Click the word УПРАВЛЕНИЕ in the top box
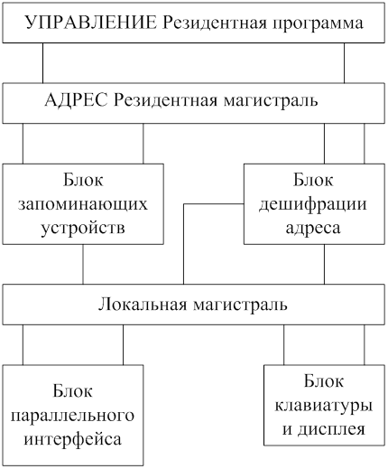point(91,23)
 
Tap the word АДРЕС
point(76,100)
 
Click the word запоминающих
point(83,205)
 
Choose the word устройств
point(83,228)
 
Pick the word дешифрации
point(313,205)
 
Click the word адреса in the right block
point(313,228)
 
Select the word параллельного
point(72,416)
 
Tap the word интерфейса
point(73,438)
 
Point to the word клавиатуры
point(324,407)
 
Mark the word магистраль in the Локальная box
point(240,305)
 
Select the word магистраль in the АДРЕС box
point(271,101)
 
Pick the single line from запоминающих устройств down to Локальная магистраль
point(83,264)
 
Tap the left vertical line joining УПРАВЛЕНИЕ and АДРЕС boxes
point(42,63)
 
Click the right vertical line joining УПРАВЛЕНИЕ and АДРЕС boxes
point(345,63)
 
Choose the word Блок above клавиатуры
point(324,381)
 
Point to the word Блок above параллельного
point(72,390)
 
